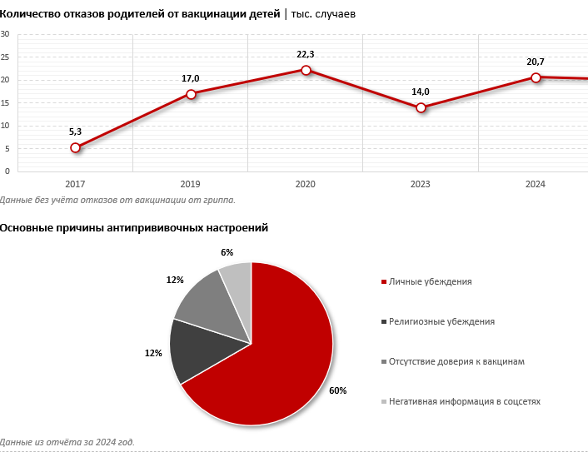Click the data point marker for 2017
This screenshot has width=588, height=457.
click(x=76, y=147)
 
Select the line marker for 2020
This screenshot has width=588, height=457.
click(x=306, y=70)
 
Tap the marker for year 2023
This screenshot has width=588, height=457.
click(x=421, y=107)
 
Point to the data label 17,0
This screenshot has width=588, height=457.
click(x=191, y=78)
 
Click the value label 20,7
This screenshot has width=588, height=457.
click(x=536, y=62)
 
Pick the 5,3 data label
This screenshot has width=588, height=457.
click(x=76, y=132)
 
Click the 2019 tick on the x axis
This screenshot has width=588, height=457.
click(x=191, y=184)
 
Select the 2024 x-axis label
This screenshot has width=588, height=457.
click(x=536, y=184)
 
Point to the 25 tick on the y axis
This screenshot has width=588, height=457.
click(x=5, y=57)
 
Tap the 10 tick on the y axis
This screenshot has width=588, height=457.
click(x=5, y=125)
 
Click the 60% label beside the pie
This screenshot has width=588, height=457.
click(x=338, y=390)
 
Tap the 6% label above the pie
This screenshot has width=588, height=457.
click(x=227, y=252)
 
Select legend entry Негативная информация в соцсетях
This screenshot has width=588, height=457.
click(x=464, y=401)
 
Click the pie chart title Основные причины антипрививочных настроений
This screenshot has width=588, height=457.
click(x=134, y=227)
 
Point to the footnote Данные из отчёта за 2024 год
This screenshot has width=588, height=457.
click(x=67, y=442)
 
